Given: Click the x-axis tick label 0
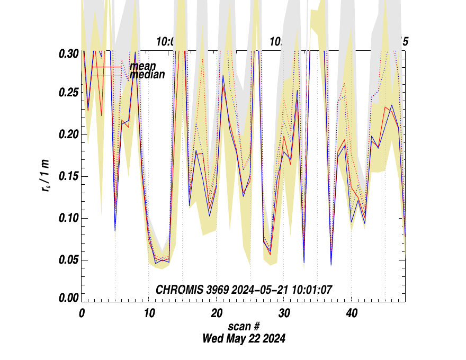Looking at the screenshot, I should (82, 313).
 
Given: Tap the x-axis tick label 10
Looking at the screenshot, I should (149, 313).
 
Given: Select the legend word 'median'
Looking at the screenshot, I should (147, 75).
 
